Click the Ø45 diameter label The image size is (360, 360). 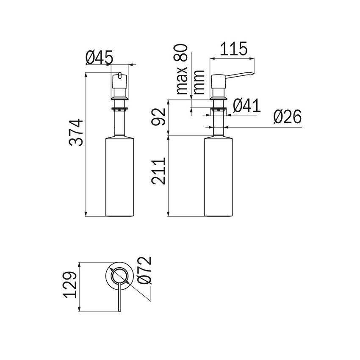(x=99, y=57)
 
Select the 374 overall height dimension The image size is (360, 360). (x=77, y=133)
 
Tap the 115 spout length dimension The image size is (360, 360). (x=233, y=49)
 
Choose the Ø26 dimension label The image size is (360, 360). (x=287, y=117)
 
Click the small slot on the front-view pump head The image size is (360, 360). (x=120, y=76)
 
